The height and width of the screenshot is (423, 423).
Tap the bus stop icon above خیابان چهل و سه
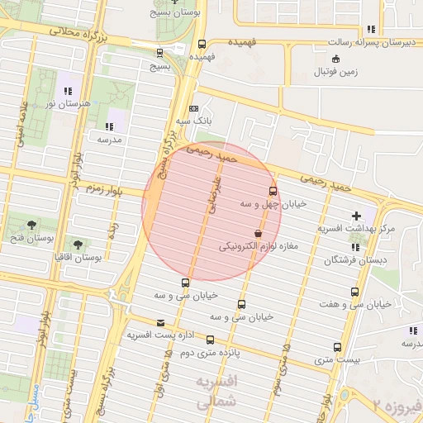pos(273,191)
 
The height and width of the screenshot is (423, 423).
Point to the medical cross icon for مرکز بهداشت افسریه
pos(356,216)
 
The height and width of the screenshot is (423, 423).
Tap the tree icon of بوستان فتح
pos(31,225)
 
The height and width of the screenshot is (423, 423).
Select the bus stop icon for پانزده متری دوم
pos(209,340)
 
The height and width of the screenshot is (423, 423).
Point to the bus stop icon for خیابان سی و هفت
pos(355,292)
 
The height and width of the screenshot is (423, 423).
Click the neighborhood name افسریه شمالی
pos(219,390)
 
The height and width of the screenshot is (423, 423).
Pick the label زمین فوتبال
pos(335,72)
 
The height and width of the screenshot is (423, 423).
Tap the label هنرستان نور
pos(68,104)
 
